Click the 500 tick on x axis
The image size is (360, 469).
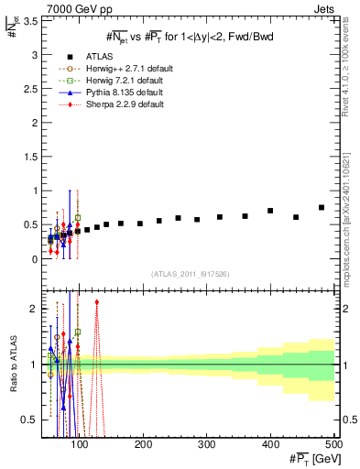click(333, 444)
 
